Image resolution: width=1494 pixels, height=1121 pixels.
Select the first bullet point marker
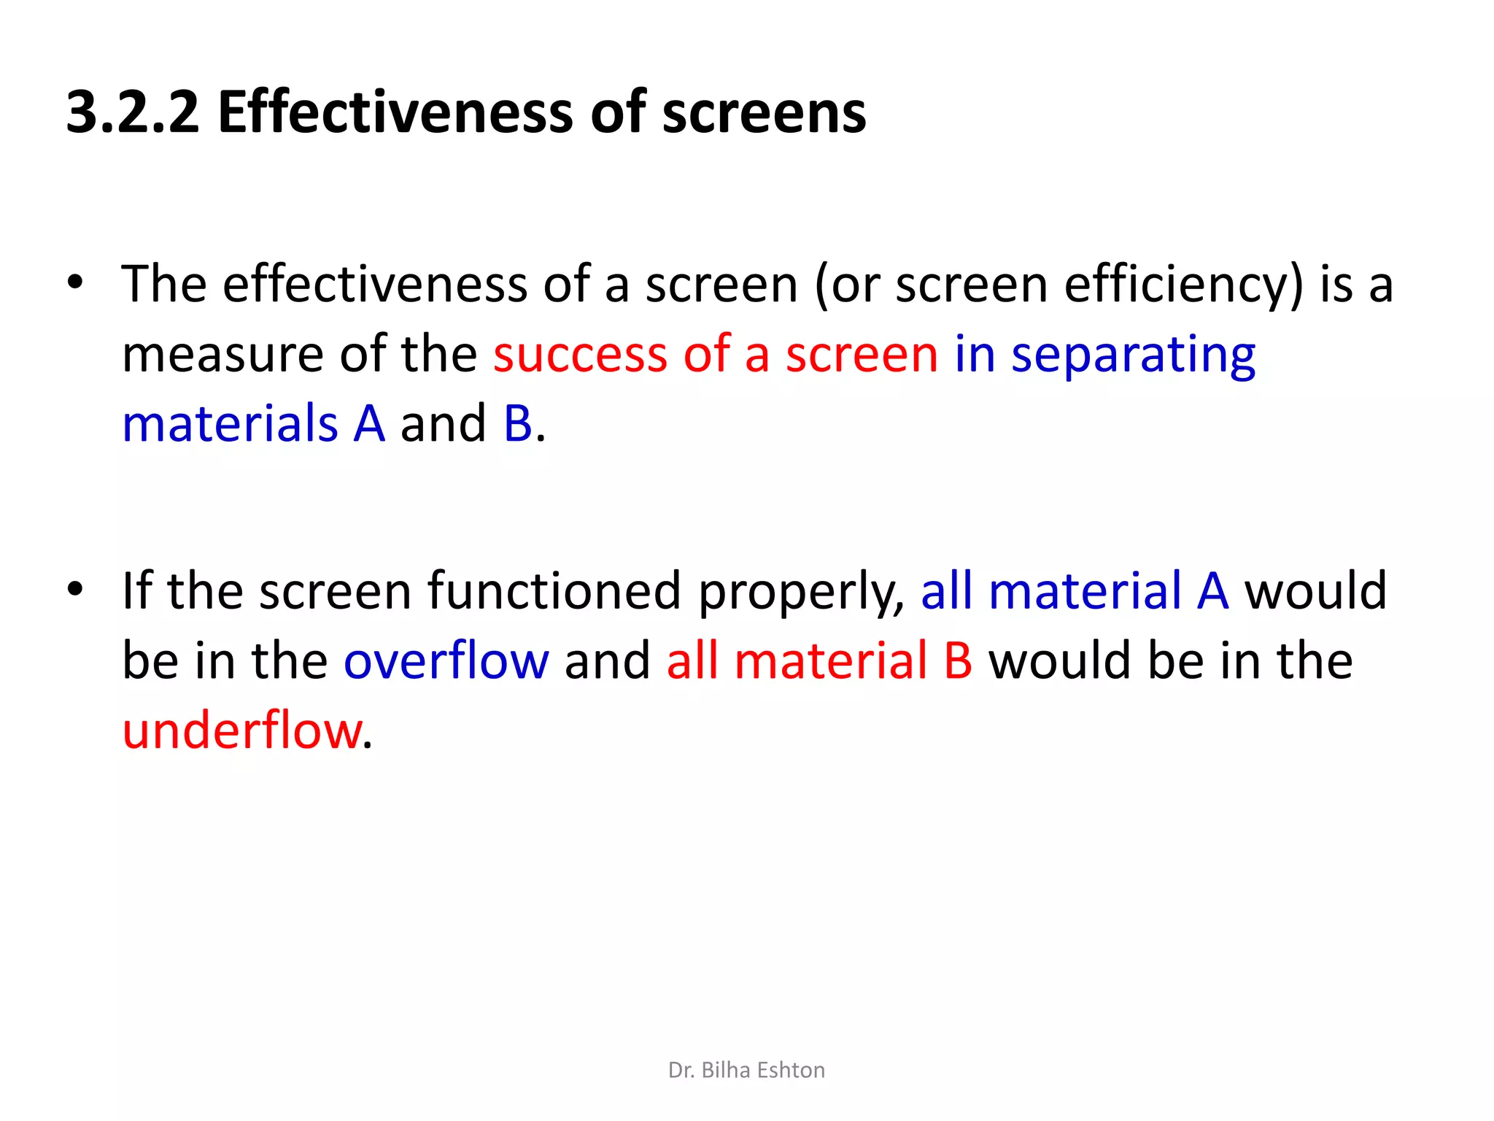tap(75, 282)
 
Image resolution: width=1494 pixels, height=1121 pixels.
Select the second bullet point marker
tap(75, 589)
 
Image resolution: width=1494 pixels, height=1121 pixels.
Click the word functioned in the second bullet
tap(554, 590)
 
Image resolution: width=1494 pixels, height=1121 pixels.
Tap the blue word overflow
tap(446, 660)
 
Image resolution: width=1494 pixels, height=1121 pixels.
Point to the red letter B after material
tap(958, 660)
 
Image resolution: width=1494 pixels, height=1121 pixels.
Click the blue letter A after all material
tap(1213, 590)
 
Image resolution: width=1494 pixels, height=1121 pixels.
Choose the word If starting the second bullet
tap(136, 590)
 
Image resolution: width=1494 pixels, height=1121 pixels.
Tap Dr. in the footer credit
tap(681, 1070)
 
